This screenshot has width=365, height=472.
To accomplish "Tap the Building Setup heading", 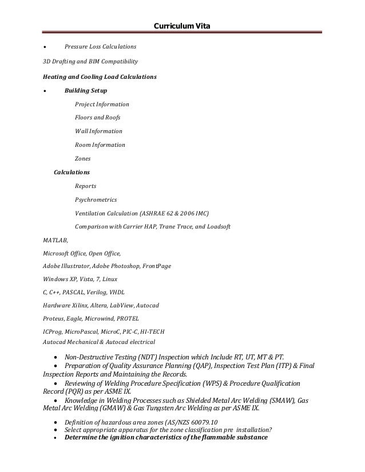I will [85, 90].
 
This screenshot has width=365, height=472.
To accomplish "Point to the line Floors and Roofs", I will [97, 118].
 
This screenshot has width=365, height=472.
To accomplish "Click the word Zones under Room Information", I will [82, 159].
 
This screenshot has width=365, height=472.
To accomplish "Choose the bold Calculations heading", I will [72, 172].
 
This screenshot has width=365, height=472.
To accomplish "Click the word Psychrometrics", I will [96, 200].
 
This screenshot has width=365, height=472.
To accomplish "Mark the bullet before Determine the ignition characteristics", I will [54, 438].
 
